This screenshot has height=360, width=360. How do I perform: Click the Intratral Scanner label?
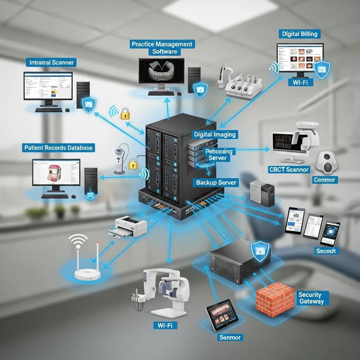[x=52, y=63]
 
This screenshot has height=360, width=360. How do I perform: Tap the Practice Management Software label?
[x=162, y=48]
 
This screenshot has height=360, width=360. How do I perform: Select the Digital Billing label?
[x=300, y=34]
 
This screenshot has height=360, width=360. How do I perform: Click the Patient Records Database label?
[x=59, y=148]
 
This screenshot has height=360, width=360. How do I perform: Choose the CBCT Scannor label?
[x=289, y=169]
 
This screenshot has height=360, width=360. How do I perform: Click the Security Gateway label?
[x=309, y=298]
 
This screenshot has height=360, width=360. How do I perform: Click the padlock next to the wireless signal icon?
[x=125, y=113]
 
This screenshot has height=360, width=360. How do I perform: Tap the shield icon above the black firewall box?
[x=260, y=251]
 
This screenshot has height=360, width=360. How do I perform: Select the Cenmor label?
[x=325, y=180]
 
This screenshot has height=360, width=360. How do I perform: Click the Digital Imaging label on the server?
[x=215, y=134]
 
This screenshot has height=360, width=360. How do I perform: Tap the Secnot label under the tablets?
[x=326, y=251]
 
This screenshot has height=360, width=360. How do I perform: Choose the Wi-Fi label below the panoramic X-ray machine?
[x=165, y=326]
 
